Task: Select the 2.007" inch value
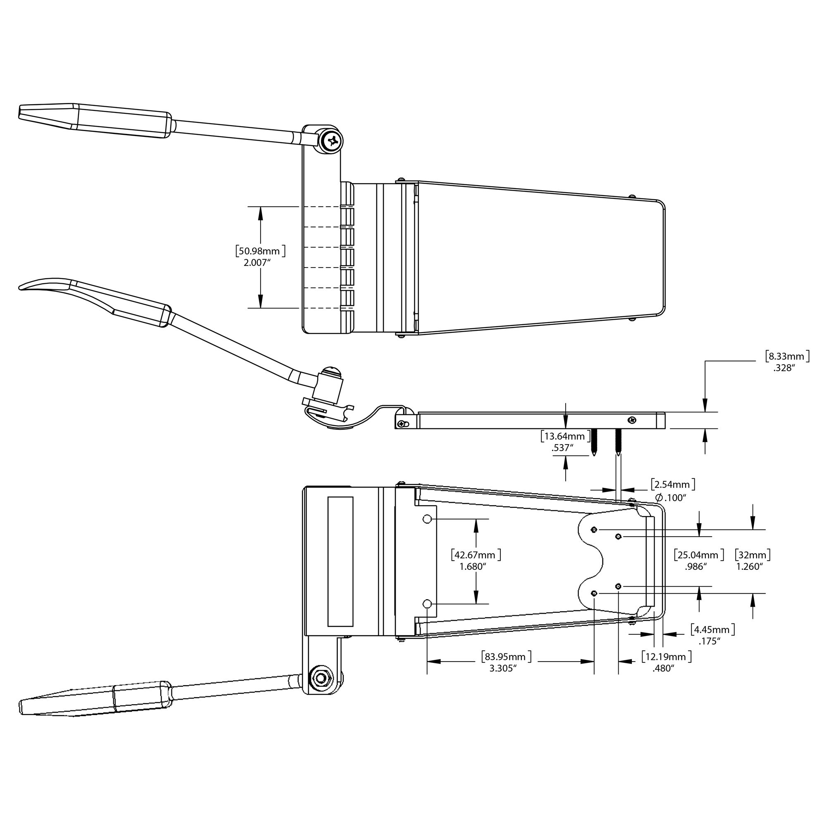tap(257, 263)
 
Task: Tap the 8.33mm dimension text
tap(787, 356)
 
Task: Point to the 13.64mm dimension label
tap(565, 437)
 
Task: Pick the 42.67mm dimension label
tap(476, 555)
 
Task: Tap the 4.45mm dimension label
tap(713, 630)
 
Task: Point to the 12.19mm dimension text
tap(667, 657)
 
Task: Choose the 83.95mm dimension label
tap(506, 657)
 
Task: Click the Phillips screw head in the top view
tap(332, 139)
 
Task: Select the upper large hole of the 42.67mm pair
tap(427, 519)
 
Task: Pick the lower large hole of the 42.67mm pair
tap(427, 604)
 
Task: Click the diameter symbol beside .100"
tap(659, 497)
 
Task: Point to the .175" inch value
tap(709, 641)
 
